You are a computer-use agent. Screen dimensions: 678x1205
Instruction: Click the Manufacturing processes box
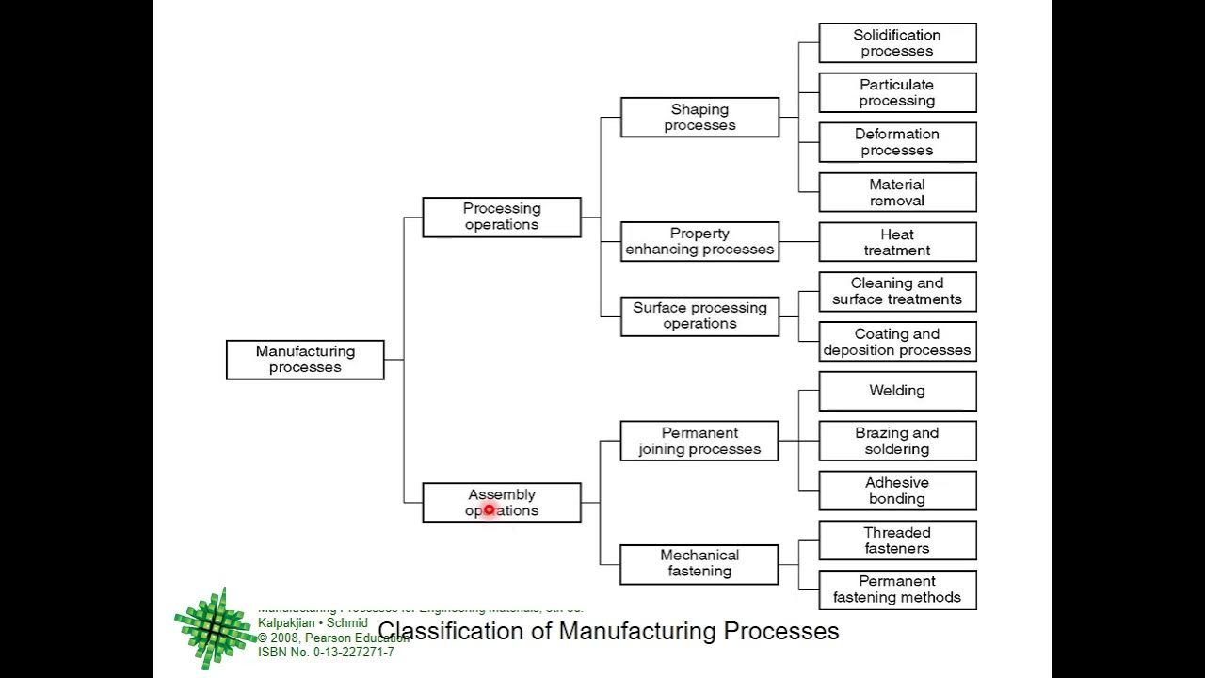coord(305,360)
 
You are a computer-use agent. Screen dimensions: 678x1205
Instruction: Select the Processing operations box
coord(502,217)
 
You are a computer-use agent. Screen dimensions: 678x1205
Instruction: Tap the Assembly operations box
coord(502,503)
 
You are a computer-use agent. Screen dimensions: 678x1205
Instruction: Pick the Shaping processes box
coord(699,118)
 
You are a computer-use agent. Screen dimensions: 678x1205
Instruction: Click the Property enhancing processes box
coord(699,242)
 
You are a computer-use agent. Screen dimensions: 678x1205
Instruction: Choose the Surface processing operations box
coord(699,315)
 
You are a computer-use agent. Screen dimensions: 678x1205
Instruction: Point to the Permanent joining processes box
coord(699,441)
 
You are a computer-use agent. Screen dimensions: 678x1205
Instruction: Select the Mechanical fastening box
coord(699,564)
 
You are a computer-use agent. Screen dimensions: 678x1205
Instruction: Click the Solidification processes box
coord(897,43)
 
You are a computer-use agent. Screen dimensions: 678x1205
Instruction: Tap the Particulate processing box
coord(897,93)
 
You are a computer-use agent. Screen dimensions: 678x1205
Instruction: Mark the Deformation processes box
coord(897,142)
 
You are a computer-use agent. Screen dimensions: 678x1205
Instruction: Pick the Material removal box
coord(897,192)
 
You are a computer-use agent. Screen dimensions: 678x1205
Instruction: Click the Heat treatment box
coord(897,242)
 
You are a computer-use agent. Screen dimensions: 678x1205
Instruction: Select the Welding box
coord(897,391)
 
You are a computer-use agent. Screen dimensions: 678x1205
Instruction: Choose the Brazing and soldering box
coord(897,441)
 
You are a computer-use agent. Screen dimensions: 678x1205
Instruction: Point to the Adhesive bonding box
coord(897,491)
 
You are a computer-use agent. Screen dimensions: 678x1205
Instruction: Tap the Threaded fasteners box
coord(897,541)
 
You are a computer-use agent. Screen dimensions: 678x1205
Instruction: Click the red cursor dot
coord(490,510)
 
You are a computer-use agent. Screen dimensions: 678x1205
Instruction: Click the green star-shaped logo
coord(215,627)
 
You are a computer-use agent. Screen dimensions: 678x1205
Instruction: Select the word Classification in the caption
coord(451,631)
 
